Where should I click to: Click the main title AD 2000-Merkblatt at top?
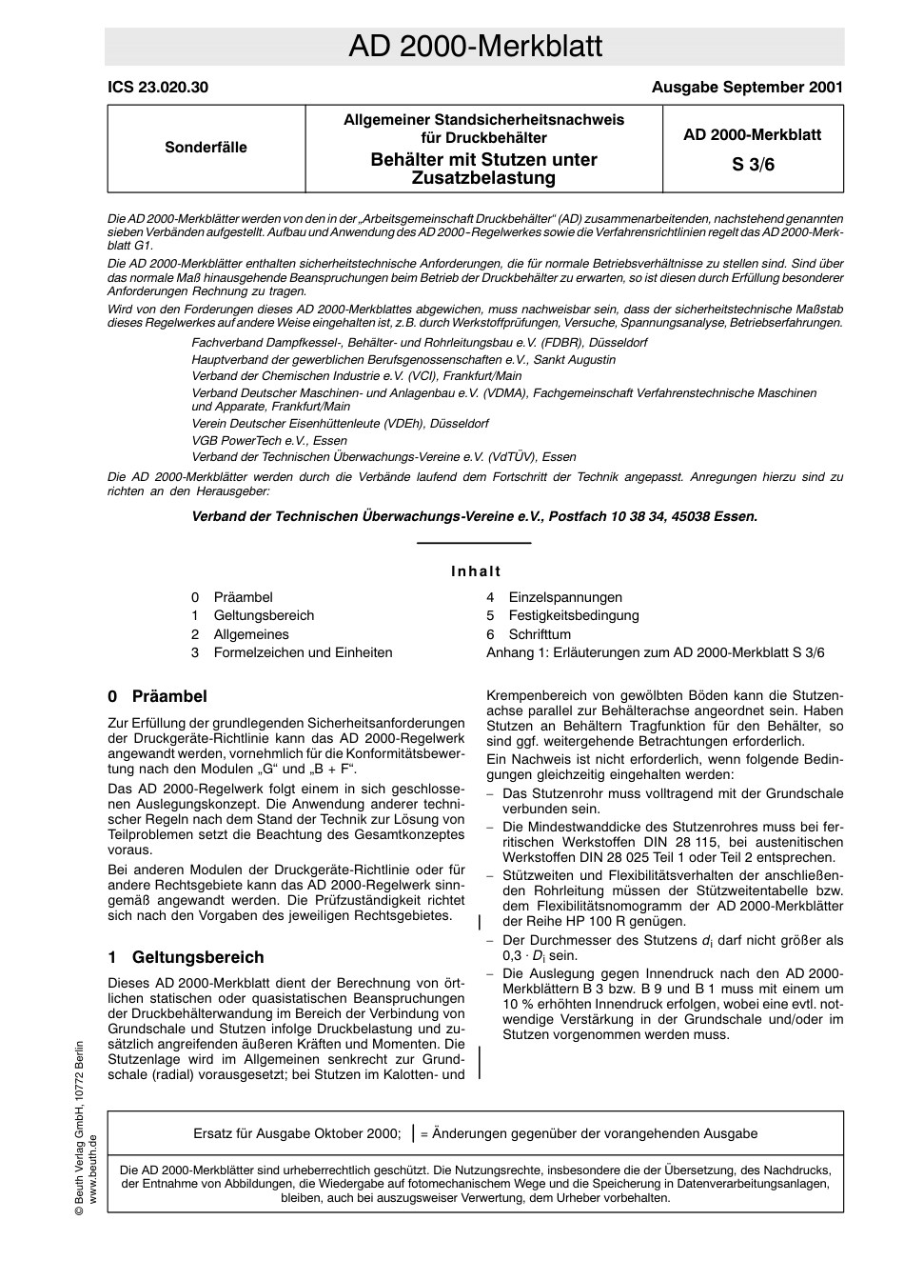[474, 47]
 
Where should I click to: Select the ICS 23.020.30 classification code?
[158, 88]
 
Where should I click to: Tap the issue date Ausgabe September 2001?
[747, 88]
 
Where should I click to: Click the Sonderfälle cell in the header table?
[206, 148]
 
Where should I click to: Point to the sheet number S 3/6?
[752, 164]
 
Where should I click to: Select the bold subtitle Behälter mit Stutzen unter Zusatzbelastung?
[483, 169]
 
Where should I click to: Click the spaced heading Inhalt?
[476, 571]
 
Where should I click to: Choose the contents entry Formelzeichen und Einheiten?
[303, 652]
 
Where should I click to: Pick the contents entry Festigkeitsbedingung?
[573, 615]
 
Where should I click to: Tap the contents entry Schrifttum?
[540, 634]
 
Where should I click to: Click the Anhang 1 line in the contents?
[655, 652]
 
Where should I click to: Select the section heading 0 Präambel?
[157, 696]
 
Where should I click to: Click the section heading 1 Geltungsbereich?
[186, 957]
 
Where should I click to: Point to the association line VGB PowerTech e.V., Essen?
[269, 440]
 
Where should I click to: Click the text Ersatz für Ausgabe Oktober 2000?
[297, 1133]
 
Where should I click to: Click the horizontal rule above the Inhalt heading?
[474, 543]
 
